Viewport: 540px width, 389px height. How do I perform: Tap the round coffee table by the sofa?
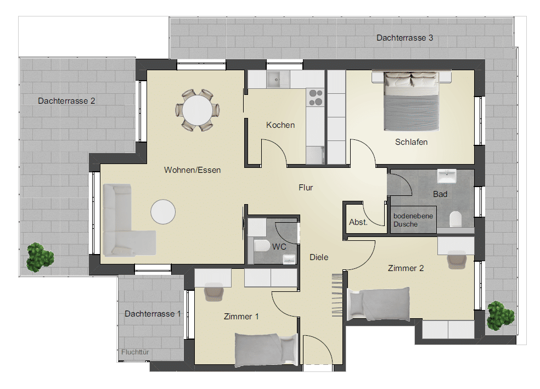(163, 212)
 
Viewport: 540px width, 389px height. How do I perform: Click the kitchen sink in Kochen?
(278, 80)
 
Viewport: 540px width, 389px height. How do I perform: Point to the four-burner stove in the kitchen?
(316, 98)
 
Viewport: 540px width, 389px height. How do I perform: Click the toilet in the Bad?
(455, 219)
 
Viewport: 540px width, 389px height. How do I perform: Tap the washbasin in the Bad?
(447, 176)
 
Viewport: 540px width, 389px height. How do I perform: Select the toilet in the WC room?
(262, 246)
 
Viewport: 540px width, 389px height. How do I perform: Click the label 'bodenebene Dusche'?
(413, 220)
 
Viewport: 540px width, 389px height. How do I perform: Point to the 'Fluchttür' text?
(135, 352)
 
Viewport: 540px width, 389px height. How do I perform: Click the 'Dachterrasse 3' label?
(404, 38)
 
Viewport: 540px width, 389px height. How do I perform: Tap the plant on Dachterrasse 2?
(40, 257)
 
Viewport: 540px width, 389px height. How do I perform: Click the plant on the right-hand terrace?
(500, 315)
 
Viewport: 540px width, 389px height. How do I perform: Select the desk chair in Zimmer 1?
(214, 292)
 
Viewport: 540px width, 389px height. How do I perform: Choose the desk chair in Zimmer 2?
(457, 260)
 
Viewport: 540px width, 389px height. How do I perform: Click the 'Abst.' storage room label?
(358, 222)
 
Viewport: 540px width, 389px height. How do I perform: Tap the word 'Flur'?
(306, 188)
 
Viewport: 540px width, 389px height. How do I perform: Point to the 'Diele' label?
(318, 257)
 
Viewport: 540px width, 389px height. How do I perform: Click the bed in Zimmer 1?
(266, 349)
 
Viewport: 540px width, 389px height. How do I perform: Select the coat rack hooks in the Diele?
(337, 295)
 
